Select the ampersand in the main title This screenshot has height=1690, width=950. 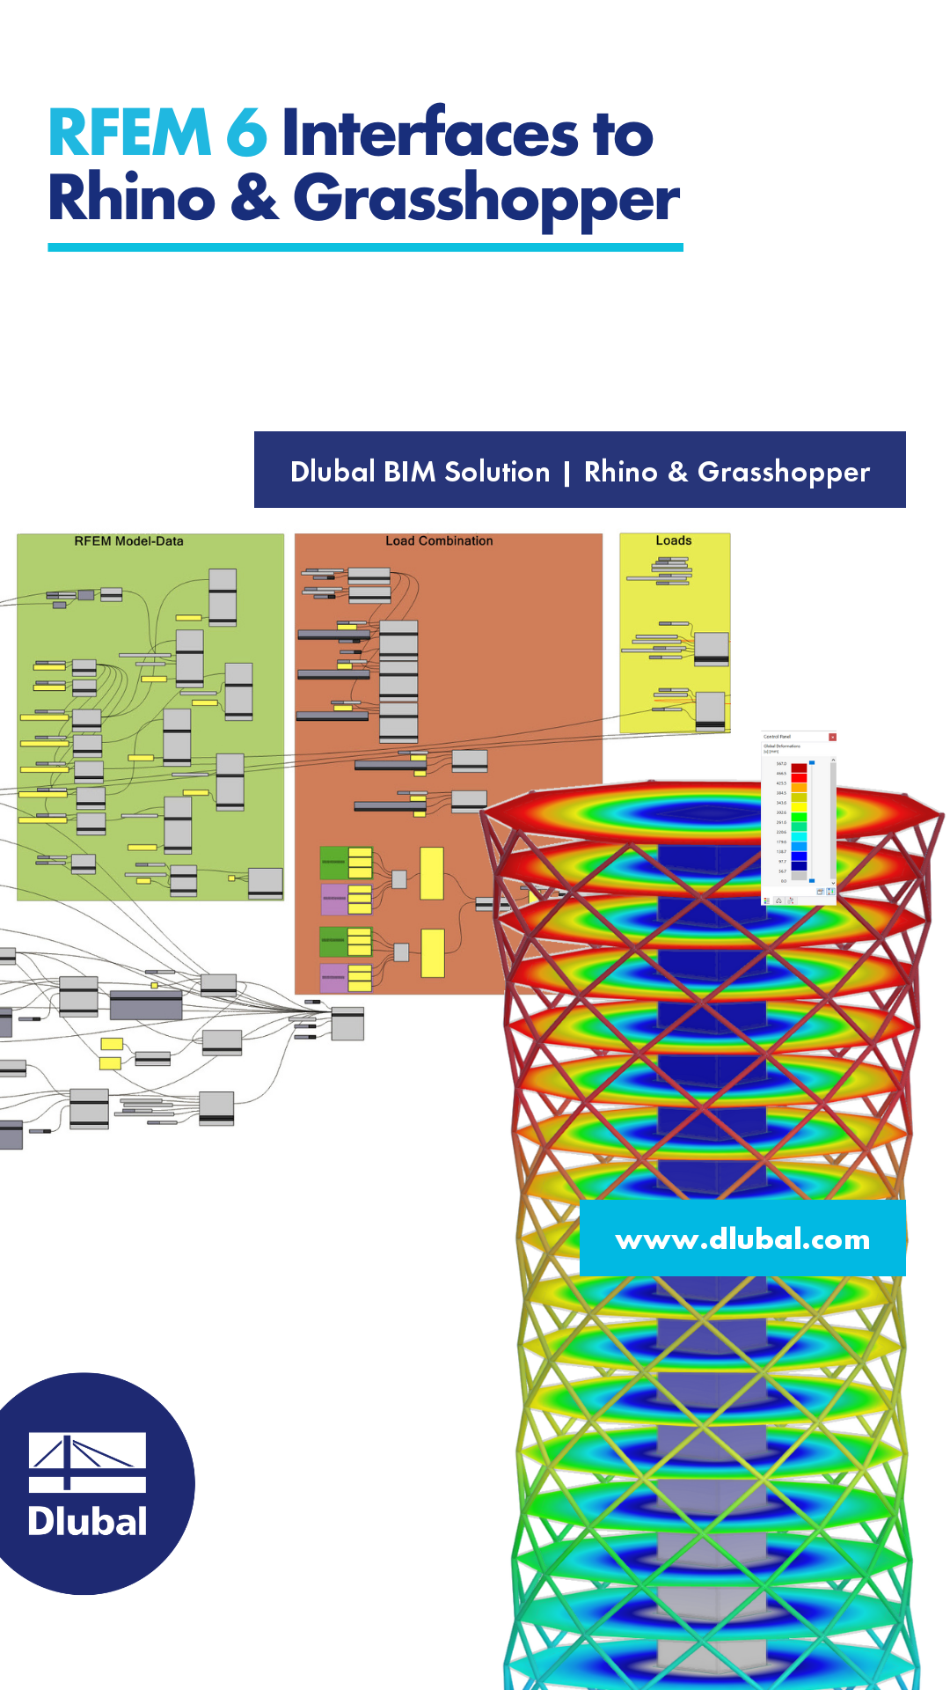coord(254,198)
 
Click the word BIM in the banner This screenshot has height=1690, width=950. coord(410,472)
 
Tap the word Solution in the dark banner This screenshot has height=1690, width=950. coord(497,472)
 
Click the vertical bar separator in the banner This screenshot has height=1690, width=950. coord(566,473)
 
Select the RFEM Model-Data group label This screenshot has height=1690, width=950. coord(128,541)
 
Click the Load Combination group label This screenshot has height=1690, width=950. coord(439,541)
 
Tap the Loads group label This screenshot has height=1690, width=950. coord(674,540)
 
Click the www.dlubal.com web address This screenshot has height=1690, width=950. coord(742,1239)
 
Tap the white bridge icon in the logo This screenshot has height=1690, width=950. coord(87,1462)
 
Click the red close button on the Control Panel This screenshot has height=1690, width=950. coord(832,737)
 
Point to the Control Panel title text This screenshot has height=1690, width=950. coord(777,737)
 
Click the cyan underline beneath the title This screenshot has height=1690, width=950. coord(365,248)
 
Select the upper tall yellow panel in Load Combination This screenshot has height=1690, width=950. coord(432,873)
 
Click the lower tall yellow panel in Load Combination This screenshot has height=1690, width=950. coord(432,953)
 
